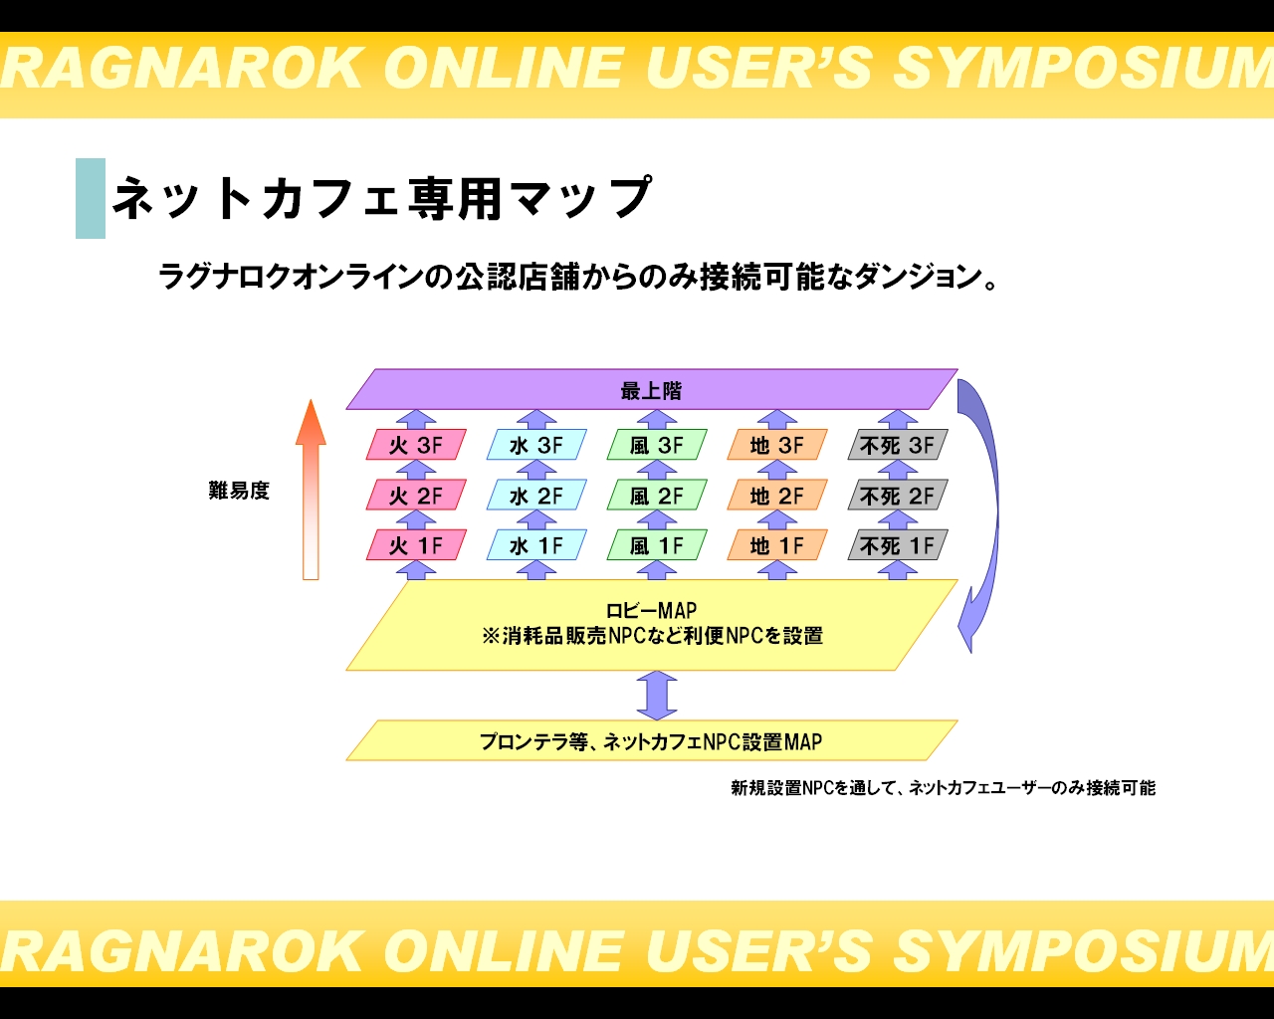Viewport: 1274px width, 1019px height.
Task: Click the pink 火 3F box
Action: pyautogui.click(x=416, y=445)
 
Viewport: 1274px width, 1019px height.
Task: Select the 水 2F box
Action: pyautogui.click(x=536, y=495)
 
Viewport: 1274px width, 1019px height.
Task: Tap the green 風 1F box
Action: pyautogui.click(x=657, y=544)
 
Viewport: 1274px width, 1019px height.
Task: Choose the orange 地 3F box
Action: pyautogui.click(x=777, y=445)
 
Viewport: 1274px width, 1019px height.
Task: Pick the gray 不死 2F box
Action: pyautogui.click(x=898, y=495)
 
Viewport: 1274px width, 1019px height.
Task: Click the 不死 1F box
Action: pyautogui.click(x=898, y=544)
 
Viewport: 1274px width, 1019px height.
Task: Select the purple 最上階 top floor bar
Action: pyautogui.click(x=652, y=389)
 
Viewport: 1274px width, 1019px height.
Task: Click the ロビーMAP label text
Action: pyautogui.click(x=651, y=610)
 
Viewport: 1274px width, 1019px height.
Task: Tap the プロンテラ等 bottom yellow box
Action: pyautogui.click(x=652, y=740)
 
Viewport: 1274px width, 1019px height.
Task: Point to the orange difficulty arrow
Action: pyautogui.click(x=311, y=490)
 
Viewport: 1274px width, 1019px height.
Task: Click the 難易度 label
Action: pyautogui.click(x=239, y=491)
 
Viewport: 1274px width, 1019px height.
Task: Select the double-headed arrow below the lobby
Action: pyautogui.click(x=657, y=696)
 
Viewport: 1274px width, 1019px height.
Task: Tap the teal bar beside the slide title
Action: pyautogui.click(x=91, y=198)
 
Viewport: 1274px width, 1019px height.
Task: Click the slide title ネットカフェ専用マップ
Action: pyautogui.click(x=382, y=198)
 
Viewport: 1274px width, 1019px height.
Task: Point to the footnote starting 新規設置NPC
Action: pyautogui.click(x=944, y=788)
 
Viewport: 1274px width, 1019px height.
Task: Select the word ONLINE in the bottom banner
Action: pyautogui.click(x=504, y=951)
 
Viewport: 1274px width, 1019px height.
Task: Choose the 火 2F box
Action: pyautogui.click(x=416, y=495)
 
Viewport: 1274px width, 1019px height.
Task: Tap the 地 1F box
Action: pyautogui.click(x=777, y=544)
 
